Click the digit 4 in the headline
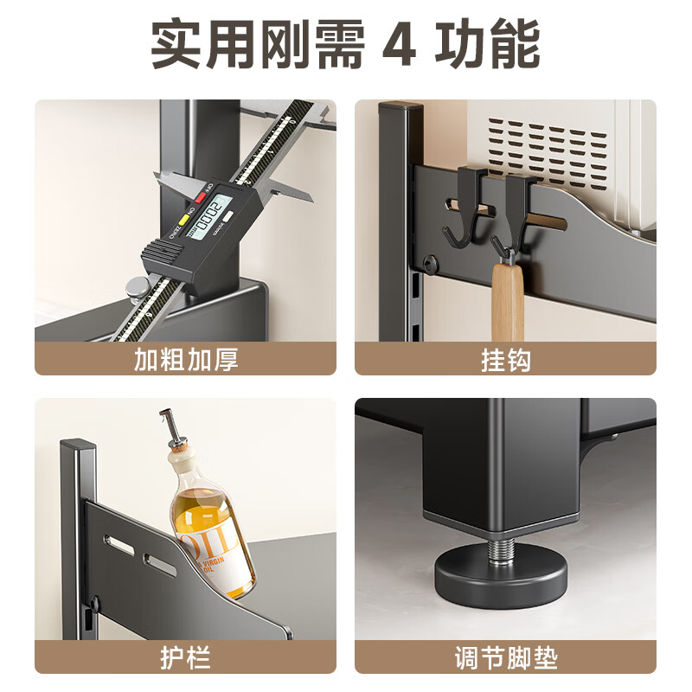tap(398, 45)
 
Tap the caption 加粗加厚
tap(186, 359)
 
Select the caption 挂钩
tap(505, 359)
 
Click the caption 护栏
tap(186, 657)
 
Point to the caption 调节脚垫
tap(505, 657)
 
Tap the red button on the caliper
tap(202, 197)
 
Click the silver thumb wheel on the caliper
tap(136, 288)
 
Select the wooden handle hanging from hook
tap(507, 303)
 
